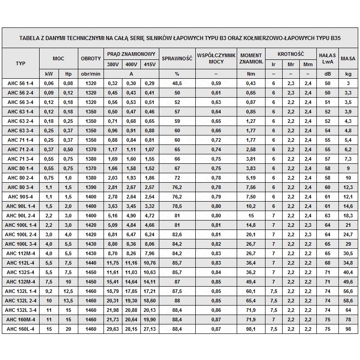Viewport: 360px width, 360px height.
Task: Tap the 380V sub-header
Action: [113, 64]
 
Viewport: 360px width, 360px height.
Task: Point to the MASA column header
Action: [348, 58]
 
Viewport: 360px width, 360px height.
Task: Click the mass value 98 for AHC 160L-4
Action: [348, 328]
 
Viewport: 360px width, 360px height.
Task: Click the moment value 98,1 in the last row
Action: [251, 328]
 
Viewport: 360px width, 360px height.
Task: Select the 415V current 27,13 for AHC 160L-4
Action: [150, 328]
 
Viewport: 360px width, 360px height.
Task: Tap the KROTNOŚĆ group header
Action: [290, 54]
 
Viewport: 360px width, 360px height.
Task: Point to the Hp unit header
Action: [68, 74]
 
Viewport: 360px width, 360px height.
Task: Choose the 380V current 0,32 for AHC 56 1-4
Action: [113, 83]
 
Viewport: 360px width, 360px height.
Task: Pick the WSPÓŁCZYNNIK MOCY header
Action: [216, 58]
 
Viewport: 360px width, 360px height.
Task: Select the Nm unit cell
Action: [251, 74]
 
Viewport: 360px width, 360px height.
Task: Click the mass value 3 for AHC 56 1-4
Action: [348, 83]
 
